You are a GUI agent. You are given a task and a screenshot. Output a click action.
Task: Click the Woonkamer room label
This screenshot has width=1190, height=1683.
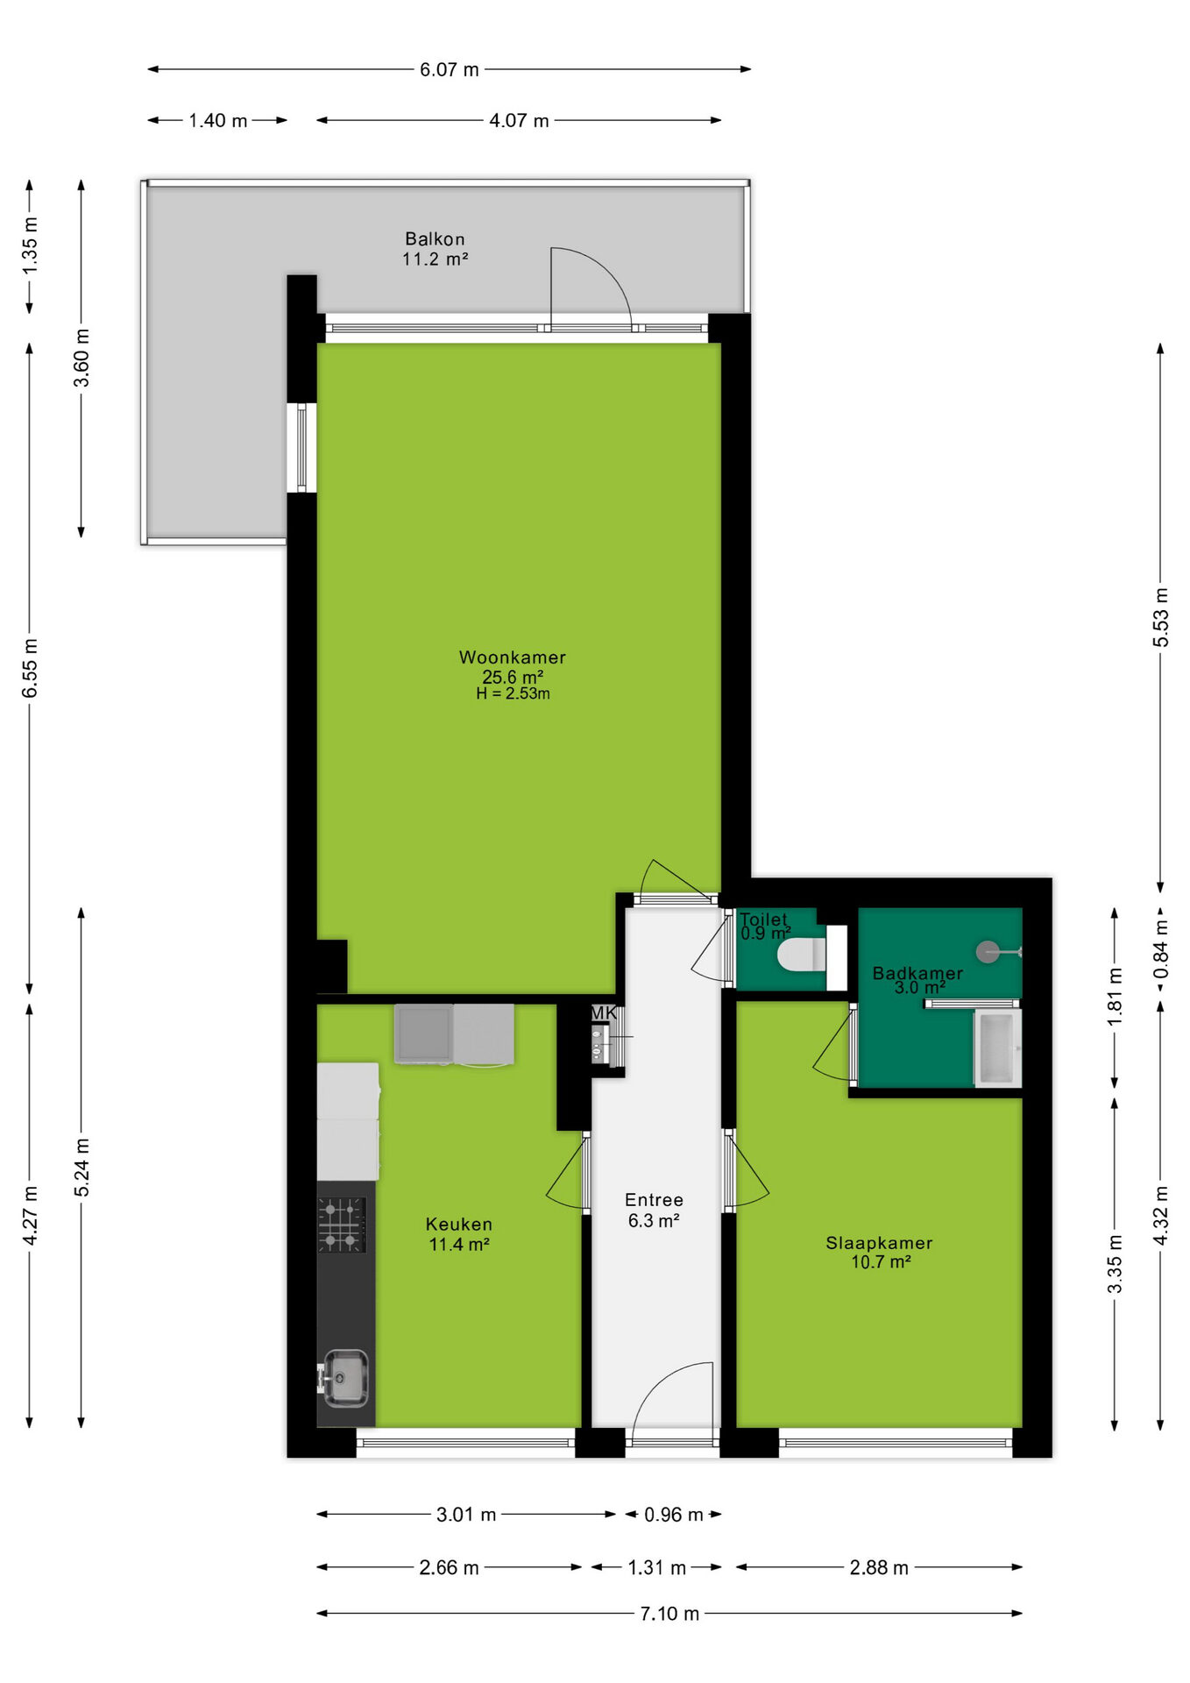pyautogui.click(x=513, y=657)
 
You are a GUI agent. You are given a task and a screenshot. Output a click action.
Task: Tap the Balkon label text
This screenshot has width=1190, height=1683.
pyautogui.click(x=435, y=239)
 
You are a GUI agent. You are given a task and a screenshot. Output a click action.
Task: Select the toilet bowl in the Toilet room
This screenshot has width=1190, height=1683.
pyautogui.click(x=802, y=955)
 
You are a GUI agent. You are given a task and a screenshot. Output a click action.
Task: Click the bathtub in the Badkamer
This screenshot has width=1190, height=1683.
pyautogui.click(x=998, y=1047)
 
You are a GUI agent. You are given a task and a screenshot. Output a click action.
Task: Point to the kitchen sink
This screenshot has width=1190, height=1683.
pyautogui.click(x=345, y=1377)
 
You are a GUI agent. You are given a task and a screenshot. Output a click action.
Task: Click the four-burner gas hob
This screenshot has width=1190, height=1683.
pyautogui.click(x=342, y=1225)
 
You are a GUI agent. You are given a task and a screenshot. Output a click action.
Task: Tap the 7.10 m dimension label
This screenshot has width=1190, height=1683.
pyautogui.click(x=669, y=1614)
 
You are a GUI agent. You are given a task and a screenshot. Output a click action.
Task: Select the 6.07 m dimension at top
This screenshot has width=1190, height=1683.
pyautogui.click(x=450, y=70)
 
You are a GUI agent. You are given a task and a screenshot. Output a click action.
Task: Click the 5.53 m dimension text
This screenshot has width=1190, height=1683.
pyautogui.click(x=1160, y=617)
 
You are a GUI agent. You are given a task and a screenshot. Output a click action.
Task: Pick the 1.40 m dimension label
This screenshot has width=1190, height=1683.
pyautogui.click(x=218, y=121)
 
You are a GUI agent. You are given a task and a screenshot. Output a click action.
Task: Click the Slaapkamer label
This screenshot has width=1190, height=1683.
pyautogui.click(x=879, y=1243)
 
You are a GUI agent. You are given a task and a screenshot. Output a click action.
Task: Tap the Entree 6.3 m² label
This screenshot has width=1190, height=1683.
pyautogui.click(x=654, y=1211)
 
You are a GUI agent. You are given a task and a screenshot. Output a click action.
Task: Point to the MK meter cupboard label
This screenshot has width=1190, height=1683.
pyautogui.click(x=603, y=1013)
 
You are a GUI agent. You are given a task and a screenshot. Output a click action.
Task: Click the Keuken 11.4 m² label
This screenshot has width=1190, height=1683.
pyautogui.click(x=458, y=1234)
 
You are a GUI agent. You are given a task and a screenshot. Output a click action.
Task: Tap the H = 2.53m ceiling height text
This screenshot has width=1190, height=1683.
pyautogui.click(x=513, y=694)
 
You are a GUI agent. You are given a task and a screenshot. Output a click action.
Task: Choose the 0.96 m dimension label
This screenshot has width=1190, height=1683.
pyautogui.click(x=673, y=1515)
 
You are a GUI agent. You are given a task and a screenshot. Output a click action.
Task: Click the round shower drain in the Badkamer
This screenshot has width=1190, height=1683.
pyautogui.click(x=988, y=952)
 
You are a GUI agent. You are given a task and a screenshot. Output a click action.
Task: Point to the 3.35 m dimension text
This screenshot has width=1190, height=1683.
pyautogui.click(x=1115, y=1264)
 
